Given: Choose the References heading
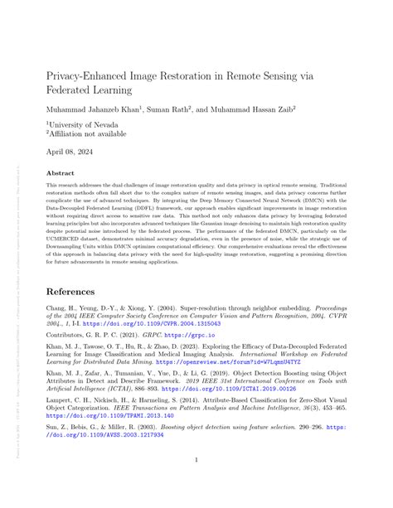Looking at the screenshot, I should (x=80, y=292).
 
